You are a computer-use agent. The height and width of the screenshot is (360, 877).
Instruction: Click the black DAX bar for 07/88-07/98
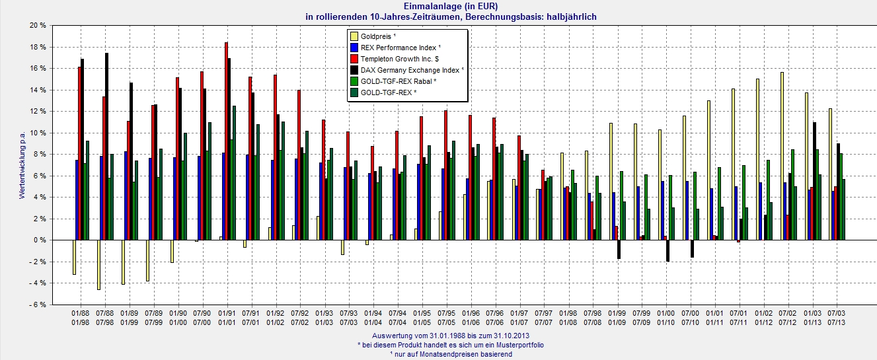point(106,146)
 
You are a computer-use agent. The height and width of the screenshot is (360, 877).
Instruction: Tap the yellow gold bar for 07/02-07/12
point(782,156)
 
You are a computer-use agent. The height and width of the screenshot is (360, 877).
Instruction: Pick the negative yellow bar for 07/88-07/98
point(98,264)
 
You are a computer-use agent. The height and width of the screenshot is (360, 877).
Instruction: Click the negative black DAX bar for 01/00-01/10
point(667,250)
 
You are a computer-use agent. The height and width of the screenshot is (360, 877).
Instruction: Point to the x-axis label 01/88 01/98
point(80,317)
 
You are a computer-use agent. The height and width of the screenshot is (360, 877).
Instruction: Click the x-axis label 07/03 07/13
point(837,317)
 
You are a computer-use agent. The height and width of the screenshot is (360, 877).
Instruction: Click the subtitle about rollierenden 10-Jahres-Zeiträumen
point(439,16)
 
